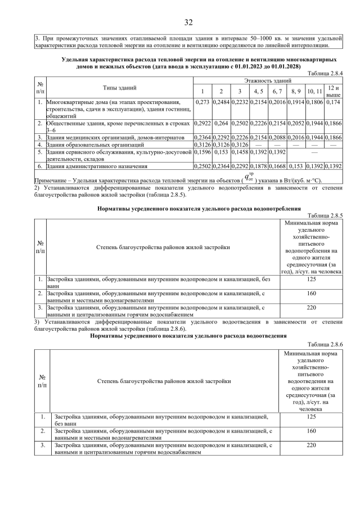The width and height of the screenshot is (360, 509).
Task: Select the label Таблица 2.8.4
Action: coord(325,74)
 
